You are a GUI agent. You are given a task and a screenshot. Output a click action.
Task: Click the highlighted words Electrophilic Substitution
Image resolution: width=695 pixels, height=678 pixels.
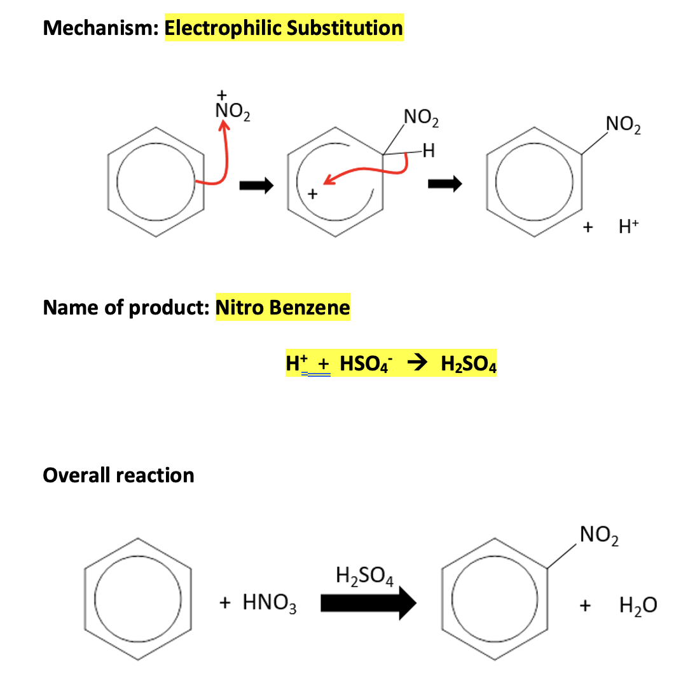coord(284,29)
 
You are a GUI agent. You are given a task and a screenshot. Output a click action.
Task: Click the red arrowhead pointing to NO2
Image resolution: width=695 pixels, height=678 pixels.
coord(223,128)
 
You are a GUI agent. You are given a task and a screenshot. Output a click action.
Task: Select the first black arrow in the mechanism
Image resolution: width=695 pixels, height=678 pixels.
coord(256,186)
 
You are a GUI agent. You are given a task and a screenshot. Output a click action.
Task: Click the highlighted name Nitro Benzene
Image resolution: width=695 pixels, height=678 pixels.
coord(283,308)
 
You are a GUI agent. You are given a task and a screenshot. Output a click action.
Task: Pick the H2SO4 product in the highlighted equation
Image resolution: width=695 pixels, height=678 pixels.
coord(468,365)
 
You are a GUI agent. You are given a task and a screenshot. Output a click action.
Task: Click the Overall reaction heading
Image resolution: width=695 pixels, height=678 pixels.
coord(118,475)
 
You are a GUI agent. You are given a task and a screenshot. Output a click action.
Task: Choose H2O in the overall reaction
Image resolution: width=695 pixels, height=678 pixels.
coord(638,606)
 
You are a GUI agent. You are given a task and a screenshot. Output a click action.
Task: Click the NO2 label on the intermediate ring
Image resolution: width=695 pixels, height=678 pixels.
coord(421,118)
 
